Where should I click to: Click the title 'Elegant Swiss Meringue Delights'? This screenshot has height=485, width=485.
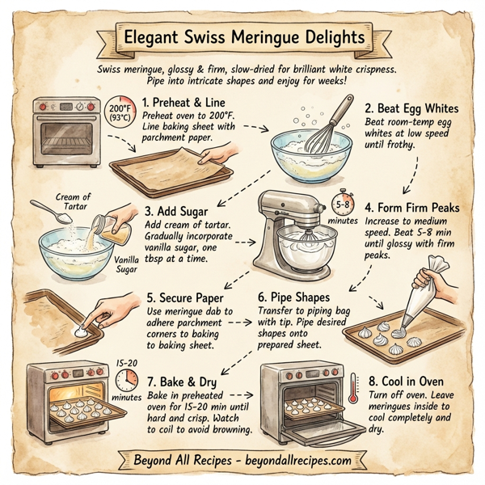click(242, 37)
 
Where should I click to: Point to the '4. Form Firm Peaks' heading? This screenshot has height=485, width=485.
click(412, 208)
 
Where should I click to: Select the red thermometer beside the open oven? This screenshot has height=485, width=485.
click(353, 391)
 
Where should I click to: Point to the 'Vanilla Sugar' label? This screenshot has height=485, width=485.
click(128, 264)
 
